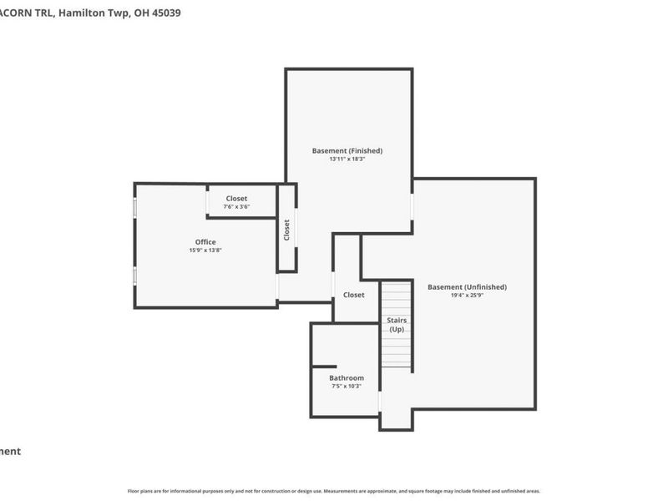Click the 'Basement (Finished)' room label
[x=347, y=150]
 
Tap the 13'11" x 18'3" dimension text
[x=347, y=159]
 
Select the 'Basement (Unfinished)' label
[x=467, y=287]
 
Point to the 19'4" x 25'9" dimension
[x=467, y=295]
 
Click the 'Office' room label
[x=205, y=242]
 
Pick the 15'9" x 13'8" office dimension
[x=205, y=250]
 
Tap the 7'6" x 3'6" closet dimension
[x=236, y=206]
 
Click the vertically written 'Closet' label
[x=286, y=230]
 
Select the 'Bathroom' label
[x=347, y=378]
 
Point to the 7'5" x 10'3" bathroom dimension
[x=347, y=387]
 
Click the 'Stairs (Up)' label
[x=397, y=324]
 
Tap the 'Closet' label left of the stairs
[x=353, y=295]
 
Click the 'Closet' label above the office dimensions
[x=236, y=199]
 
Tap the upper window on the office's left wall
[x=135, y=207]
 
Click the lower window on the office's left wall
[x=135, y=276]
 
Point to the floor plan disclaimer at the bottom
[x=334, y=491]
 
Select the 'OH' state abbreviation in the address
[x=139, y=13]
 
